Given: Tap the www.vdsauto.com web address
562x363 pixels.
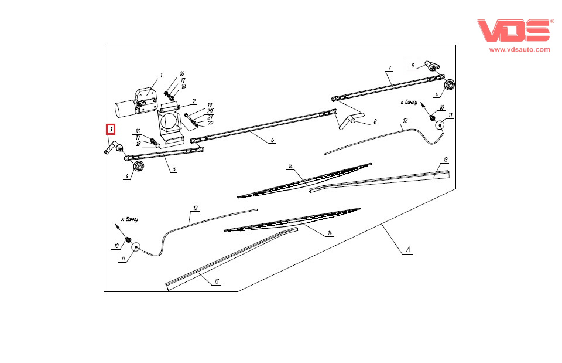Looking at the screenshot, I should [519, 50].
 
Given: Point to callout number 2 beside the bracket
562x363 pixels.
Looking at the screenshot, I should [193, 101].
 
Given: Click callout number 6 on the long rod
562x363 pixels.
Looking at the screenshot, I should [272, 141].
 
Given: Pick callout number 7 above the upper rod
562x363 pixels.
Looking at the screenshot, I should [388, 69].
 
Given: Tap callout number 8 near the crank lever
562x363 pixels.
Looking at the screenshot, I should [375, 121].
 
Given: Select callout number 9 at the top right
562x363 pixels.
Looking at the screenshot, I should [413, 65].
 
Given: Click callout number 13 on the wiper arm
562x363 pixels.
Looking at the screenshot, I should [446, 160].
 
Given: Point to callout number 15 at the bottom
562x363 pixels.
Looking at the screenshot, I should [216, 281].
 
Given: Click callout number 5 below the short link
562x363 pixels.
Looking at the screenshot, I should [173, 169].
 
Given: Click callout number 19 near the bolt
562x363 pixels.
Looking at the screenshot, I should [209, 105].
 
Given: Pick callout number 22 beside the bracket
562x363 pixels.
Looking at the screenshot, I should [210, 124].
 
